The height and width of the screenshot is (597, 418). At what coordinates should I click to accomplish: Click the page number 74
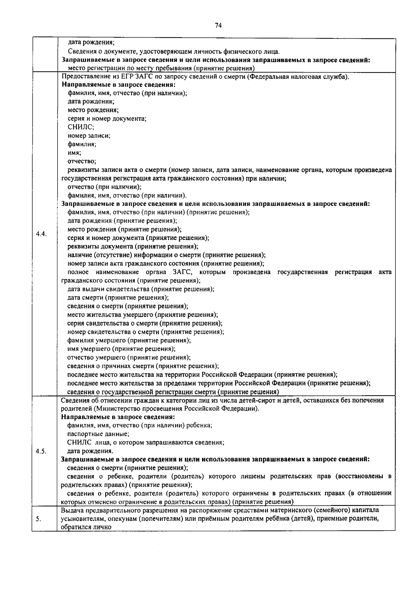point(218,25)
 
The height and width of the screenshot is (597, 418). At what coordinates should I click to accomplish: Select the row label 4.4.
point(41,234)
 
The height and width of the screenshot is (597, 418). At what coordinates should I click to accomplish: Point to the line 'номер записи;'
point(89,136)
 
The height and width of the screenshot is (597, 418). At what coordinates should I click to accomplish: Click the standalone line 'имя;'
point(74,153)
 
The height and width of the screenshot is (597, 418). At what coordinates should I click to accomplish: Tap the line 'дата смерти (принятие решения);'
point(118,298)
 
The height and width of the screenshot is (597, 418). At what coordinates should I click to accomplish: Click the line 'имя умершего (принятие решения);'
point(121,349)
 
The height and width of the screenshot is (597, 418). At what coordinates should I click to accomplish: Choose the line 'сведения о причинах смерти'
point(143,366)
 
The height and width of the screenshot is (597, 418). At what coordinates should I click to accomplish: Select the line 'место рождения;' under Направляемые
point(93,110)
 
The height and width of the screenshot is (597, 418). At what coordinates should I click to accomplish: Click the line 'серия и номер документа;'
point(107,119)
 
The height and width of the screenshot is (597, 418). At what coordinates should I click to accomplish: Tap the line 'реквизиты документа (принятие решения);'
point(133,247)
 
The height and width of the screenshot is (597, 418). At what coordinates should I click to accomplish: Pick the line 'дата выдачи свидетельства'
point(141,289)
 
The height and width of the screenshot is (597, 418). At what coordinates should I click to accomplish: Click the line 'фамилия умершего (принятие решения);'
point(129,340)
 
